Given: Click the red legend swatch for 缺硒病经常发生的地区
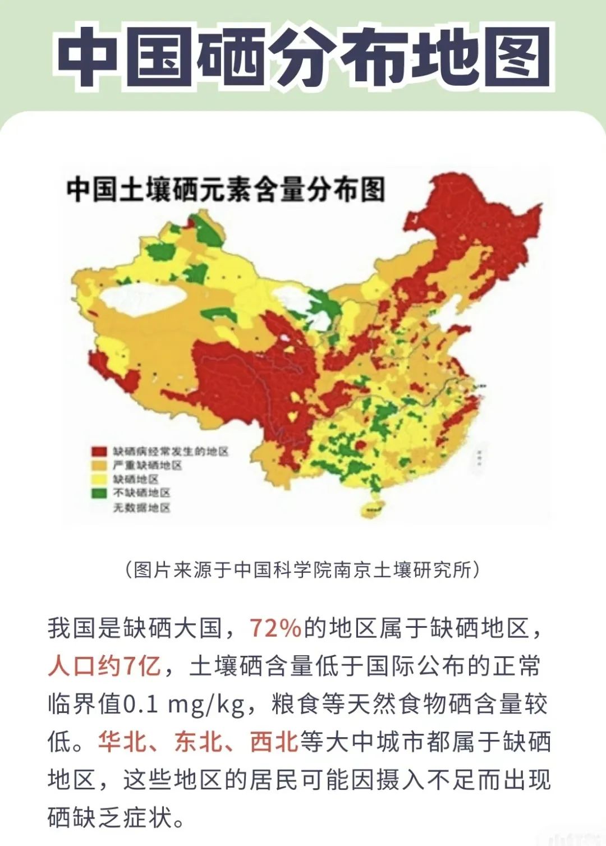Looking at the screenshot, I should coord(99,452).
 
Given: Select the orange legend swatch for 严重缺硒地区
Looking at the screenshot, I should coord(99,465).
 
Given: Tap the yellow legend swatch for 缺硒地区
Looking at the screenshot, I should coord(99,479).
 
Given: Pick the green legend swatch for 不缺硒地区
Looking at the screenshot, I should coord(99,493).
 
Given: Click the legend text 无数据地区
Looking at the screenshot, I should coord(142,508).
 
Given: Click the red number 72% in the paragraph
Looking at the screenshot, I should coord(276,628).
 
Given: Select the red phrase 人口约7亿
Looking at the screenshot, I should coord(104,666).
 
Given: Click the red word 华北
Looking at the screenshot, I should coord(122,742).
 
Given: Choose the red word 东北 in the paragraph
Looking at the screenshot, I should coord(198,742).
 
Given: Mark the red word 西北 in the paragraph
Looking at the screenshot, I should coord(274,742).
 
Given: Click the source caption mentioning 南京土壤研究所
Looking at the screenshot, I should coord(303,570).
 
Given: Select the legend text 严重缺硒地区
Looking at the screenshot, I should coord(148,465).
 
